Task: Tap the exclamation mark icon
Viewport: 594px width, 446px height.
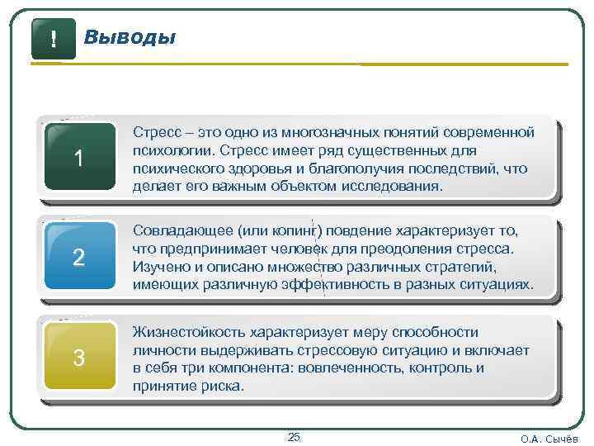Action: point(54,38)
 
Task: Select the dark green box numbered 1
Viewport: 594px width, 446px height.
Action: point(78,157)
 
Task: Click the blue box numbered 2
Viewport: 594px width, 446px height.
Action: point(78,258)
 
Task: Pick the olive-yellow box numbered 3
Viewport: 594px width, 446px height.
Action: point(78,358)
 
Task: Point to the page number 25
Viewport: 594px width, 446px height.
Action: point(294,436)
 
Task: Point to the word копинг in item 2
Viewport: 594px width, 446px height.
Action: point(295,230)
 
